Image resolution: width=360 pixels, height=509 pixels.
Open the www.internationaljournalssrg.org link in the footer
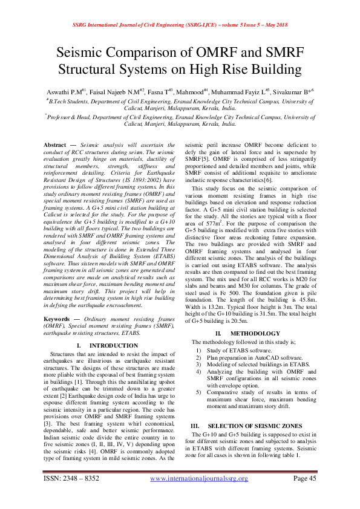click(x=198, y=495)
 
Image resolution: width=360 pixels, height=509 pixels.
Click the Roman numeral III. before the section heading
click(x=195, y=426)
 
